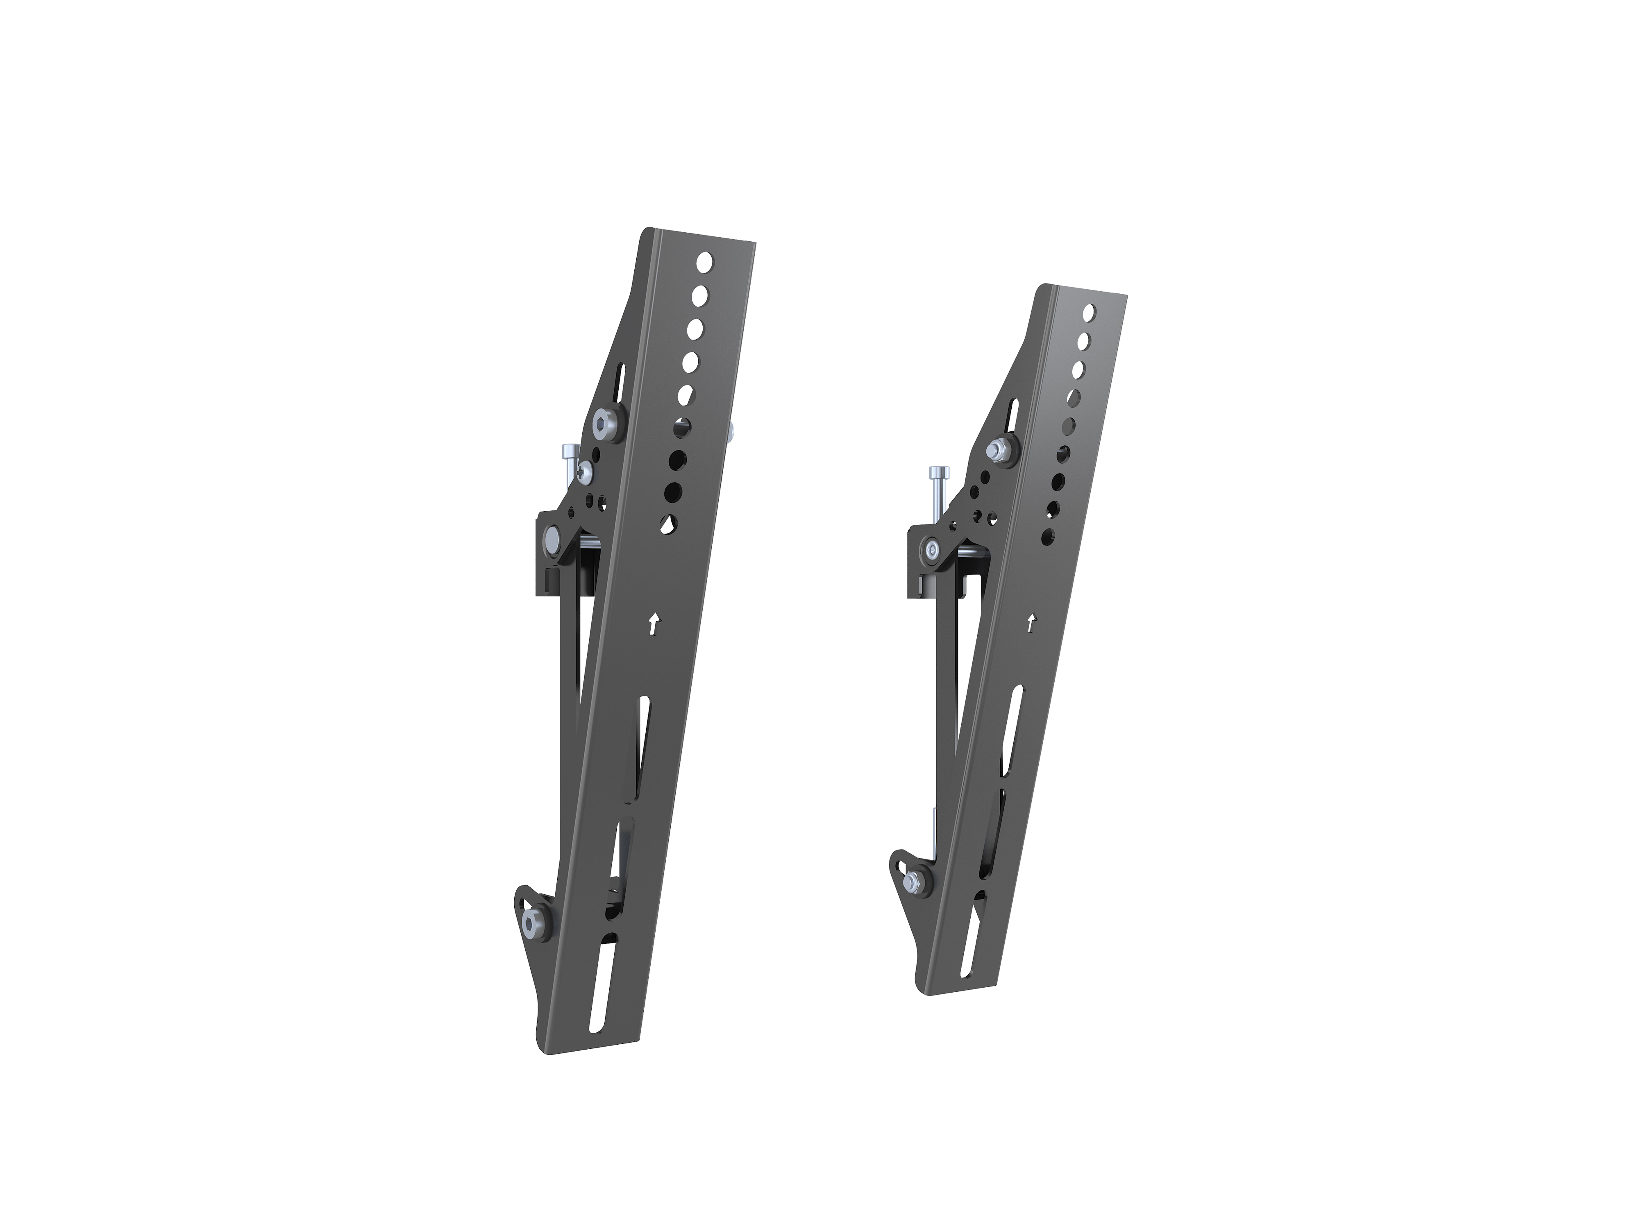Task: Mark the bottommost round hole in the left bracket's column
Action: [669, 524]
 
